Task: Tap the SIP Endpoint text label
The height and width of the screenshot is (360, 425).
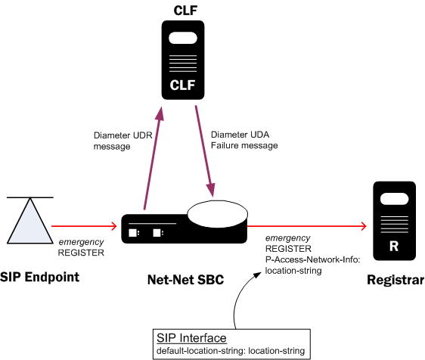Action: [39, 278]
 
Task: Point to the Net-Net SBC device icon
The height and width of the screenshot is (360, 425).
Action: [181, 227]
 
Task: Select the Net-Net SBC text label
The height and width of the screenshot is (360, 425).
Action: [185, 280]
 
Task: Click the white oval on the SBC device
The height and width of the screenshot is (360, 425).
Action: [216, 214]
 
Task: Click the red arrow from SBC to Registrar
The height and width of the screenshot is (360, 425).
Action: [310, 225]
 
